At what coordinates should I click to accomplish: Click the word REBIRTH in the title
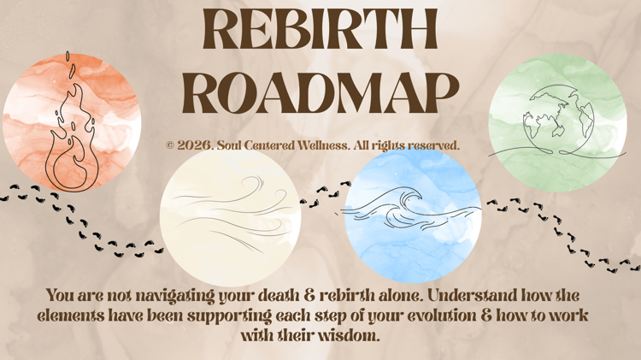[x=320, y=29]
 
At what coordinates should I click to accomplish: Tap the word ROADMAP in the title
[x=320, y=93]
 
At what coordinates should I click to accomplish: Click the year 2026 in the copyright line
[x=194, y=145]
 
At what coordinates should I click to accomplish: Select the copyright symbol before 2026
[x=170, y=145]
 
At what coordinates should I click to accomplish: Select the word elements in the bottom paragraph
[x=70, y=316]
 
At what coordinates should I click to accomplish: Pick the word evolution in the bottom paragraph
[x=442, y=316]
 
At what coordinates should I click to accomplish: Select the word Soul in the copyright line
[x=227, y=145]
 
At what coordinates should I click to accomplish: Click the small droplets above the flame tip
[x=70, y=65]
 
